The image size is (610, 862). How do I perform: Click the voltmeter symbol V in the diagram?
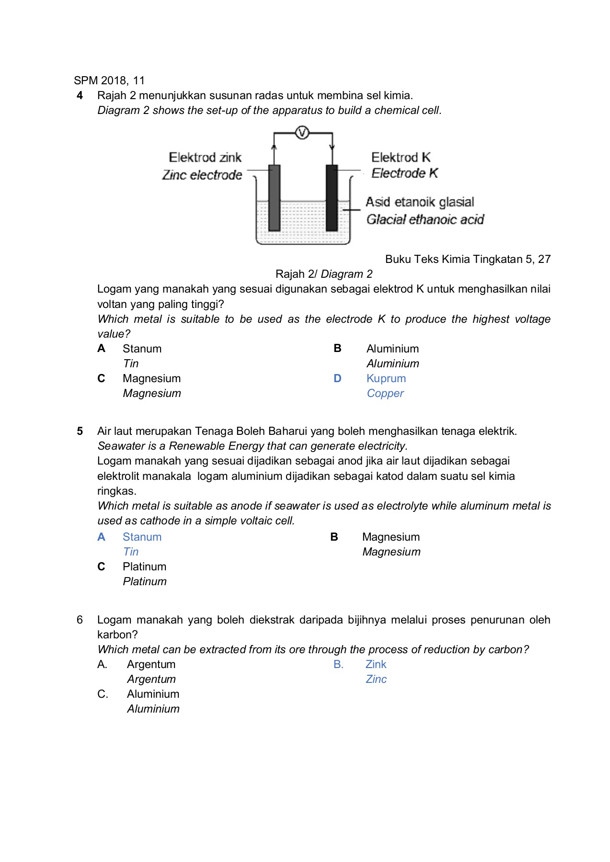[x=302, y=133]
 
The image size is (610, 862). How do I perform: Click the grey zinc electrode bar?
[x=274, y=197]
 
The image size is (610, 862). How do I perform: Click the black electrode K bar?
[x=332, y=197]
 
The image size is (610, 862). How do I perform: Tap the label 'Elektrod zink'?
[x=205, y=158]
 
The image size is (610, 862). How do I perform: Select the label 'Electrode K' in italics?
[x=404, y=173]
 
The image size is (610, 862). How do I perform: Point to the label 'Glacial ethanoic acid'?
[x=425, y=219]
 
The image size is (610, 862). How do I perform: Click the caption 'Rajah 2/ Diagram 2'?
[x=324, y=274]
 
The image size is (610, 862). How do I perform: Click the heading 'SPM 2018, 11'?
[x=109, y=80]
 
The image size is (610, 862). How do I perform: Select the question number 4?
[x=80, y=95]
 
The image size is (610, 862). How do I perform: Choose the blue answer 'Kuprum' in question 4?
[x=386, y=378]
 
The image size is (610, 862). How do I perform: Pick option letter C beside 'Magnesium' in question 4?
[x=101, y=378]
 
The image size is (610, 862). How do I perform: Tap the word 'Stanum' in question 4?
[x=142, y=349]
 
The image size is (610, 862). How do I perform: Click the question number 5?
[x=80, y=431]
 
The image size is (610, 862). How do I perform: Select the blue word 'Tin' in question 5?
[x=131, y=552]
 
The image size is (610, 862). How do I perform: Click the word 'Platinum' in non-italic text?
[x=144, y=567]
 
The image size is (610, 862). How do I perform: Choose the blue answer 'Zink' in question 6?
[x=376, y=664]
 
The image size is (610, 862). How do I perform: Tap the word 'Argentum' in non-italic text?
[x=151, y=664]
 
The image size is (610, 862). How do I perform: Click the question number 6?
[x=80, y=620]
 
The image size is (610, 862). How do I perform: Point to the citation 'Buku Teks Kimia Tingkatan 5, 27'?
[x=468, y=259]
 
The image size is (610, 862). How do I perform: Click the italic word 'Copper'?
[x=385, y=393]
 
